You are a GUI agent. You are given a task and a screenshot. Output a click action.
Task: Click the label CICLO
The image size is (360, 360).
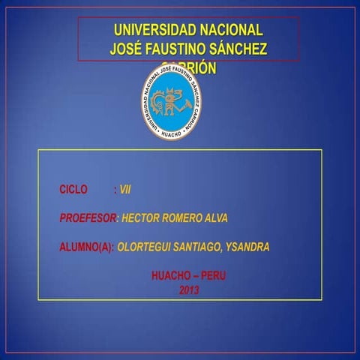73,190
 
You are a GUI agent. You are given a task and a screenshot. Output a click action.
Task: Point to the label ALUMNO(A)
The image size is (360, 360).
86,247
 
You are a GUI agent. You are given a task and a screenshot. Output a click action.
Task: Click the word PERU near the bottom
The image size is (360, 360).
213,275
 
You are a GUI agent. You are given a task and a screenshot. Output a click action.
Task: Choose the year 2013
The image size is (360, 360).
189,289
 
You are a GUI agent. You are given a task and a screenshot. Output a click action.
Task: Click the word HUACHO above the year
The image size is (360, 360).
170,275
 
